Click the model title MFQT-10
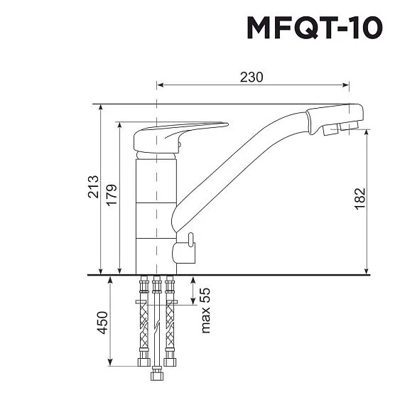point(314,28)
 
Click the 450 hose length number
point(102,323)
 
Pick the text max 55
point(207,310)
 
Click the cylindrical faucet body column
point(153,213)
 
